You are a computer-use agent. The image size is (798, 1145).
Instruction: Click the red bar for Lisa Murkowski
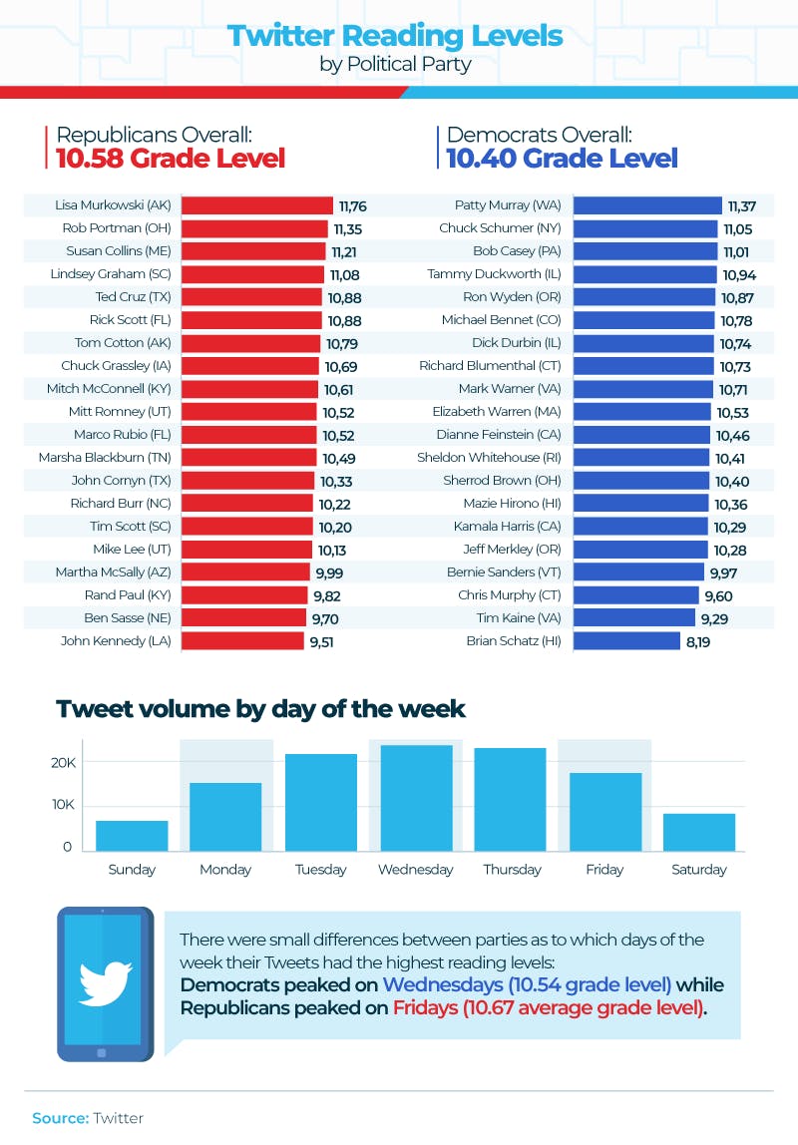coord(256,205)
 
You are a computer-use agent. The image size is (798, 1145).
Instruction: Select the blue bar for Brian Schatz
coord(626,640)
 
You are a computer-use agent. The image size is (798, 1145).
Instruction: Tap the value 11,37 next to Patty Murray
coord(742,206)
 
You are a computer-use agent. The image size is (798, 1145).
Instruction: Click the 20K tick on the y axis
coord(63,763)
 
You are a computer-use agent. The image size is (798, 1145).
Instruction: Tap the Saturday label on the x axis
coord(698,870)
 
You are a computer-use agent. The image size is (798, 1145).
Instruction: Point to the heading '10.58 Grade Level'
coord(171,159)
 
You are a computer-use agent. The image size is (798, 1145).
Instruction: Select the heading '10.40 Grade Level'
coord(562,159)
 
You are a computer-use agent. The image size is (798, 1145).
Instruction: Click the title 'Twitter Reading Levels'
coord(395,37)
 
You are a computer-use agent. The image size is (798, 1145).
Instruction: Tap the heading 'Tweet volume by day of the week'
coord(260,709)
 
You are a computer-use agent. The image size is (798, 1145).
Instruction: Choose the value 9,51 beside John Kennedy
coord(321,641)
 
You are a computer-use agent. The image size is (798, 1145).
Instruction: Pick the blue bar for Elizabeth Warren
coord(642,411)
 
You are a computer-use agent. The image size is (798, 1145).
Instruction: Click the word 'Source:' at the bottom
coord(60,1118)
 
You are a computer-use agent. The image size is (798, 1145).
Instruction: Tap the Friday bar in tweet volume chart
coord(604,810)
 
